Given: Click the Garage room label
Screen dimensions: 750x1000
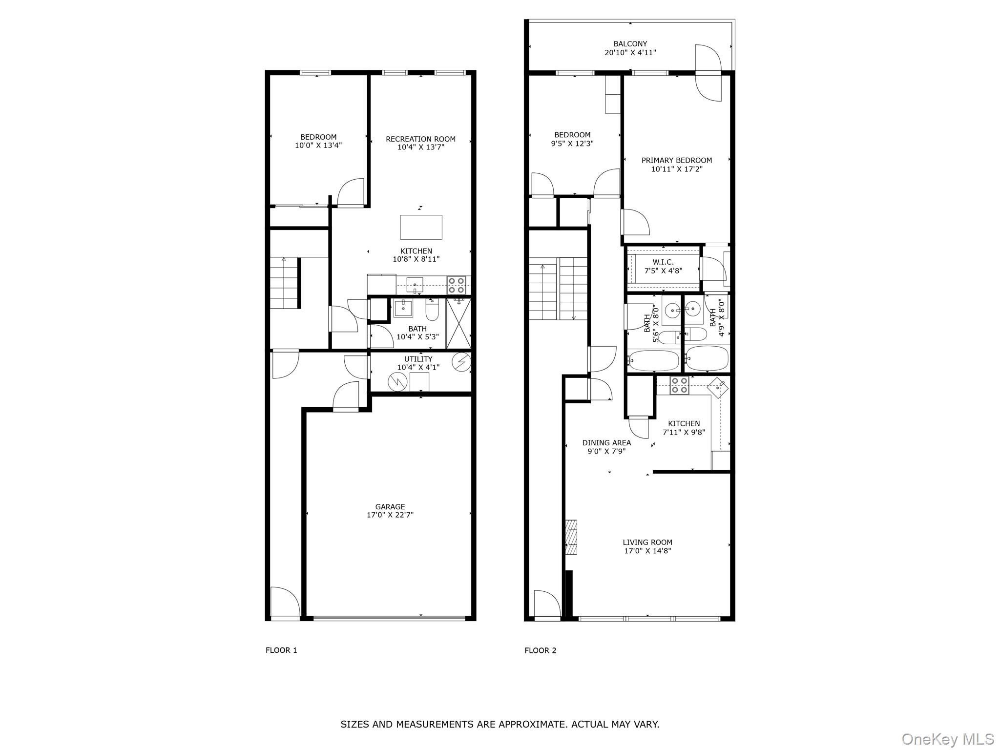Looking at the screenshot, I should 390,507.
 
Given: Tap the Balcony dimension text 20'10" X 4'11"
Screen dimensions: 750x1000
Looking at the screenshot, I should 630,53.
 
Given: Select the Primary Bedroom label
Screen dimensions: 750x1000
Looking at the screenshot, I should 676,160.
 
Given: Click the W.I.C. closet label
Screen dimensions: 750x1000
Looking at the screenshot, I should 663,262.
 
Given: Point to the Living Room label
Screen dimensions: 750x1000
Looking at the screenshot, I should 647,542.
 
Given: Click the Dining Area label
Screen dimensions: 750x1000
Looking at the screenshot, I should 606,443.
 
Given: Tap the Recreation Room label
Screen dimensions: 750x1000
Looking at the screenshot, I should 420,139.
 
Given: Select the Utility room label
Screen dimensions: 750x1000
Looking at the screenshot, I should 418,359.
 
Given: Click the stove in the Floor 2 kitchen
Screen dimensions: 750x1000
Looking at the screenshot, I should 679,385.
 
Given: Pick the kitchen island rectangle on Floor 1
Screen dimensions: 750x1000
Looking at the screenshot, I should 421,227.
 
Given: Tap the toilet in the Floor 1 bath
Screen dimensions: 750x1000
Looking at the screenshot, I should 432,310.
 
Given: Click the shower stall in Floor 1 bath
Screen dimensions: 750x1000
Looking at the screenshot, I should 458,323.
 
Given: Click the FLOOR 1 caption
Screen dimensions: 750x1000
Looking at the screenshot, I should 281,650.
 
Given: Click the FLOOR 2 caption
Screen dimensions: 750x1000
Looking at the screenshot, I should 540,650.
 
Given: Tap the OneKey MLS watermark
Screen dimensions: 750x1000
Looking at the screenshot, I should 948,739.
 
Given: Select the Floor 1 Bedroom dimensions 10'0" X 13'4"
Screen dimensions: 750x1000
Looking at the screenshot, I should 318,146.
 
